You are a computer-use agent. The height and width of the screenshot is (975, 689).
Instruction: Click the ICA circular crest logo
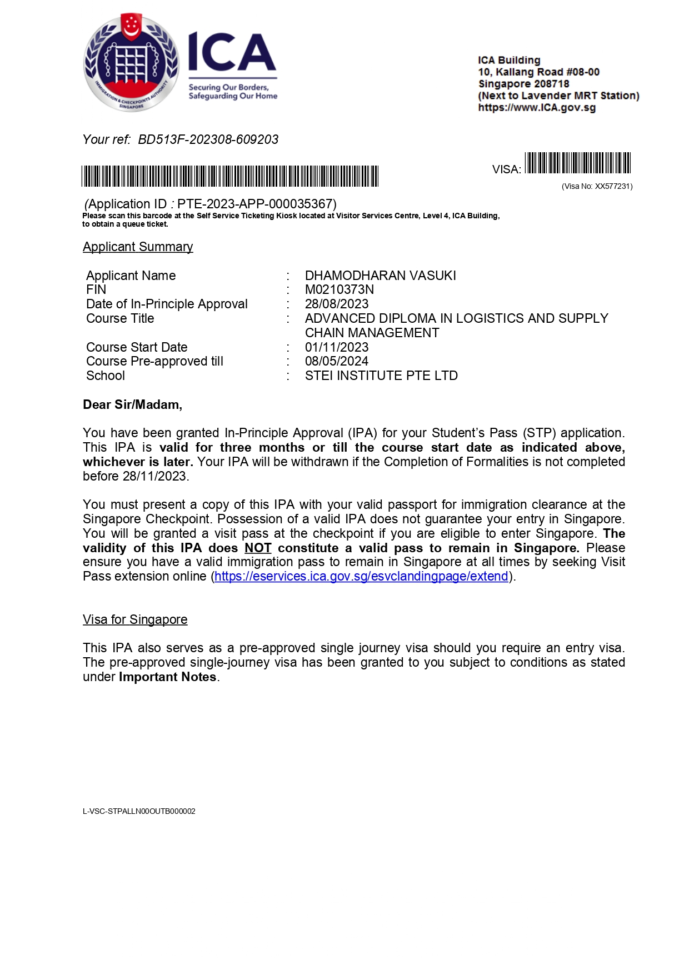(131, 62)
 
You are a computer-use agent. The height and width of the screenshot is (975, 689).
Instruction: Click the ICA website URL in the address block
(537, 108)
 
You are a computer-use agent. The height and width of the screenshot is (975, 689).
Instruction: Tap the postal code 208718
(551, 84)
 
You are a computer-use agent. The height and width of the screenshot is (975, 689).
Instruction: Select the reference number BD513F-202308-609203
(208, 139)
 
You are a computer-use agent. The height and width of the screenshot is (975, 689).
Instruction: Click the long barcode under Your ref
(230, 176)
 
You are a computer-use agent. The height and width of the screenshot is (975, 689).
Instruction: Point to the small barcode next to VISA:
(578, 163)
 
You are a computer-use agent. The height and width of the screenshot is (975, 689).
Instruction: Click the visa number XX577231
(613, 187)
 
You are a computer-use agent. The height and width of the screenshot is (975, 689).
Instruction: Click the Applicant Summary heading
(138, 247)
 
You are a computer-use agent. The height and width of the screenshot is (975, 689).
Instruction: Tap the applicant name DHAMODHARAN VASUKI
(380, 276)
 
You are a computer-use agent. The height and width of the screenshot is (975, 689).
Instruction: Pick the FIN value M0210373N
(339, 289)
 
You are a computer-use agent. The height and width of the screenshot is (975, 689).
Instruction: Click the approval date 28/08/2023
(336, 304)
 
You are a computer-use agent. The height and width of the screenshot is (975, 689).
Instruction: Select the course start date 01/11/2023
(336, 347)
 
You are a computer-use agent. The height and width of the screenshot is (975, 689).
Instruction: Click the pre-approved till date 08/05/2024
(336, 361)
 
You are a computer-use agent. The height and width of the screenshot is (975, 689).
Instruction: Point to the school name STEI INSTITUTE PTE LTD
(381, 376)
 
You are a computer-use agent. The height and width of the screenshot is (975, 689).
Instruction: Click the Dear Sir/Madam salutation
(132, 404)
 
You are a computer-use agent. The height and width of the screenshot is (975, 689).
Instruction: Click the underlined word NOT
(258, 548)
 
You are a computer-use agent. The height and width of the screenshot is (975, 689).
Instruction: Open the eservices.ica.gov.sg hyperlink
(361, 577)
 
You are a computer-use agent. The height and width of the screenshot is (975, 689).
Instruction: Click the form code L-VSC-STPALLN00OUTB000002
(139, 811)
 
